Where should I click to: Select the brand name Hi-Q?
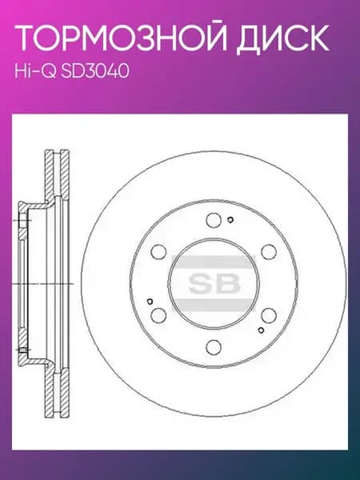click(x=35, y=72)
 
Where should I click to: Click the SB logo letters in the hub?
click(x=214, y=283)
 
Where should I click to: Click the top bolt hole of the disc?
click(x=214, y=220)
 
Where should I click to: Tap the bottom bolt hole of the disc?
click(x=214, y=347)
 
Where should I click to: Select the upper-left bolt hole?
click(x=159, y=252)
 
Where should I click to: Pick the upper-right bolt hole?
click(x=269, y=252)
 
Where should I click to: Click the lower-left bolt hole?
click(x=159, y=315)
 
